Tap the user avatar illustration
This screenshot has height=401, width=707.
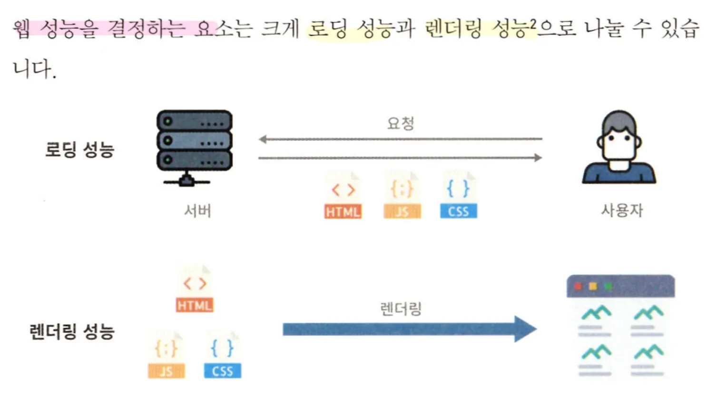619,148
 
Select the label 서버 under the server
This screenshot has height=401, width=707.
197,210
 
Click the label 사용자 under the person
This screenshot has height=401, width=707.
622,210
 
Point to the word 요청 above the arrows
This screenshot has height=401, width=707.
400,123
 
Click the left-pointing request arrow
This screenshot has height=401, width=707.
400,139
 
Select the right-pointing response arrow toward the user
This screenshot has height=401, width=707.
400,158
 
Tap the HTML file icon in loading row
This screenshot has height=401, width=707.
343,196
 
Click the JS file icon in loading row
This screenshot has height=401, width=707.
402,196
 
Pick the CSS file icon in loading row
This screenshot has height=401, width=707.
458,196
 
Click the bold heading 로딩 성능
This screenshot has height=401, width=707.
79,150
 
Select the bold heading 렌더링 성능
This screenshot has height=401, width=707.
72,331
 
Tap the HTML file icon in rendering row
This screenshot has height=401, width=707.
195,289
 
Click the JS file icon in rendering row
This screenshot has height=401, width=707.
166,355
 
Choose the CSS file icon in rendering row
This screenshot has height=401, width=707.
222,355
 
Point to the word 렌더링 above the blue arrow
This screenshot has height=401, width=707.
401,309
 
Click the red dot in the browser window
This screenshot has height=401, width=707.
578,286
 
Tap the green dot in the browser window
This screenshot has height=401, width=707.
608,286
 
